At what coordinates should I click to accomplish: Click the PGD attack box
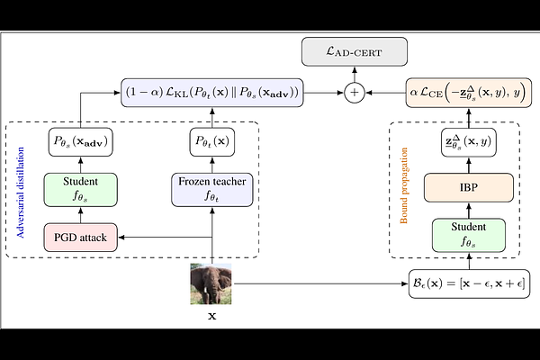pyautogui.click(x=81, y=238)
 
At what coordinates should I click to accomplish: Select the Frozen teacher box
pyautogui.click(x=212, y=190)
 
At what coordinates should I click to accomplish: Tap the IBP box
pyautogui.click(x=469, y=187)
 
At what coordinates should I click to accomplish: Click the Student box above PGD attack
pyautogui.click(x=81, y=190)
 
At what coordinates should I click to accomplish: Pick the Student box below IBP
pyautogui.click(x=469, y=235)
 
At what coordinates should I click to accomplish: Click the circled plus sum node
pyautogui.click(x=355, y=93)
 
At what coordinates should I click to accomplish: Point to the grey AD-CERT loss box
pyautogui.click(x=355, y=51)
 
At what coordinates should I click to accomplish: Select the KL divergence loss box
pyautogui.click(x=212, y=93)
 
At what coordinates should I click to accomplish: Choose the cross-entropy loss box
pyautogui.click(x=469, y=93)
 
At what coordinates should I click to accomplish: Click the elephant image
pyautogui.click(x=211, y=283)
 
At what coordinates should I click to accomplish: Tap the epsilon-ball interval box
pyautogui.click(x=469, y=283)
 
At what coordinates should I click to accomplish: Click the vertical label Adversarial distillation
pyautogui.click(x=21, y=193)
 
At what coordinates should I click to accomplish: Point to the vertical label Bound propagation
pyautogui.click(x=404, y=185)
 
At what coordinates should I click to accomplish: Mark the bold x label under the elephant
pyautogui.click(x=212, y=316)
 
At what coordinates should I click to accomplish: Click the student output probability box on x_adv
pyautogui.click(x=81, y=142)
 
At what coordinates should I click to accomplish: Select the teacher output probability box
pyautogui.click(x=212, y=142)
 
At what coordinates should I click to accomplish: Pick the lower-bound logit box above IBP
pyautogui.click(x=469, y=142)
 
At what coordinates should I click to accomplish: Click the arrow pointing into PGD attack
pyautogui.click(x=165, y=237)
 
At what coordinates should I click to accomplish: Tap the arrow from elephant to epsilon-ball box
pyautogui.click(x=319, y=283)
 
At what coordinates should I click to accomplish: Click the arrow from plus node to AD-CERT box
pyautogui.click(x=355, y=74)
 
